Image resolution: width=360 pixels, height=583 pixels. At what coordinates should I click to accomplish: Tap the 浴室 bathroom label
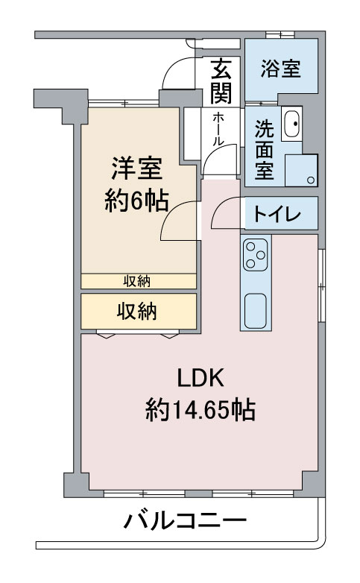click(x=280, y=70)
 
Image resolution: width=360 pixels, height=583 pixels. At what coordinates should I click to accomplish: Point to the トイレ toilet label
click(x=277, y=215)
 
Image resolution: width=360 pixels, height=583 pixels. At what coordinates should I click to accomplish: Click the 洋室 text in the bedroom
click(x=137, y=168)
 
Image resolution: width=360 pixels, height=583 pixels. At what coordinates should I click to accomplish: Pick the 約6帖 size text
click(x=136, y=201)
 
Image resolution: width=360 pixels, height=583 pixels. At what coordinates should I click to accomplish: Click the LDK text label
click(x=200, y=378)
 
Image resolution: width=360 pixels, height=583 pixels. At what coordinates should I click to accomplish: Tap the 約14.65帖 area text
click(x=200, y=409)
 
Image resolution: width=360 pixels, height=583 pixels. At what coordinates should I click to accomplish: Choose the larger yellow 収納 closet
click(x=139, y=312)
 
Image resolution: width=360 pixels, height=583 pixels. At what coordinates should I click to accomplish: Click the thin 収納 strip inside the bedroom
click(x=138, y=281)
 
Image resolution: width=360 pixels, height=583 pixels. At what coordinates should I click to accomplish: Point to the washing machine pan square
click(x=303, y=170)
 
